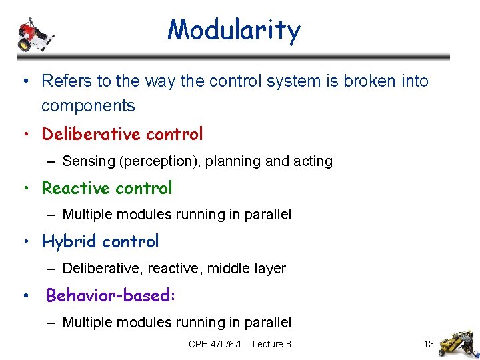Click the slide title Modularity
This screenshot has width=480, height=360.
234,30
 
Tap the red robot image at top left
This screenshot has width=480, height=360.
33,34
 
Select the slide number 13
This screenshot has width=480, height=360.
428,344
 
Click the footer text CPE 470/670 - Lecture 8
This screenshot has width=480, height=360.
240,344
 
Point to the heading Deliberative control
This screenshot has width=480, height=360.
122,134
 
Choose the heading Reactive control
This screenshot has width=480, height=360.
107,188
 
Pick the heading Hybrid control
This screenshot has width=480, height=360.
100,241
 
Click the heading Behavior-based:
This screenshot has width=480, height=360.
111,295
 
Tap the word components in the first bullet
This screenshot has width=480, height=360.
88,106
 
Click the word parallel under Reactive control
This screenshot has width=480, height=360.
269,215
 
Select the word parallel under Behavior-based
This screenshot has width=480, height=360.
269,323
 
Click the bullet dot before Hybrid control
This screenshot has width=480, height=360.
25,242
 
